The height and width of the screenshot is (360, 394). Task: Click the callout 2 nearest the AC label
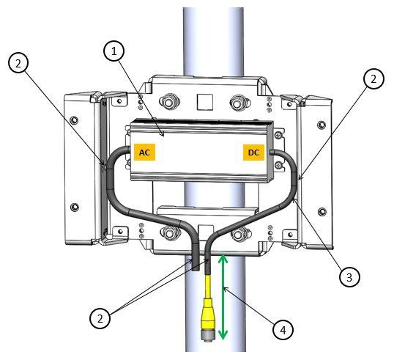click(x=21, y=62)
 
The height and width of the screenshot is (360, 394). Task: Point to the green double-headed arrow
click(x=223, y=297)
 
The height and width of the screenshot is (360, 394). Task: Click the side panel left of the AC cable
click(x=82, y=169)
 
